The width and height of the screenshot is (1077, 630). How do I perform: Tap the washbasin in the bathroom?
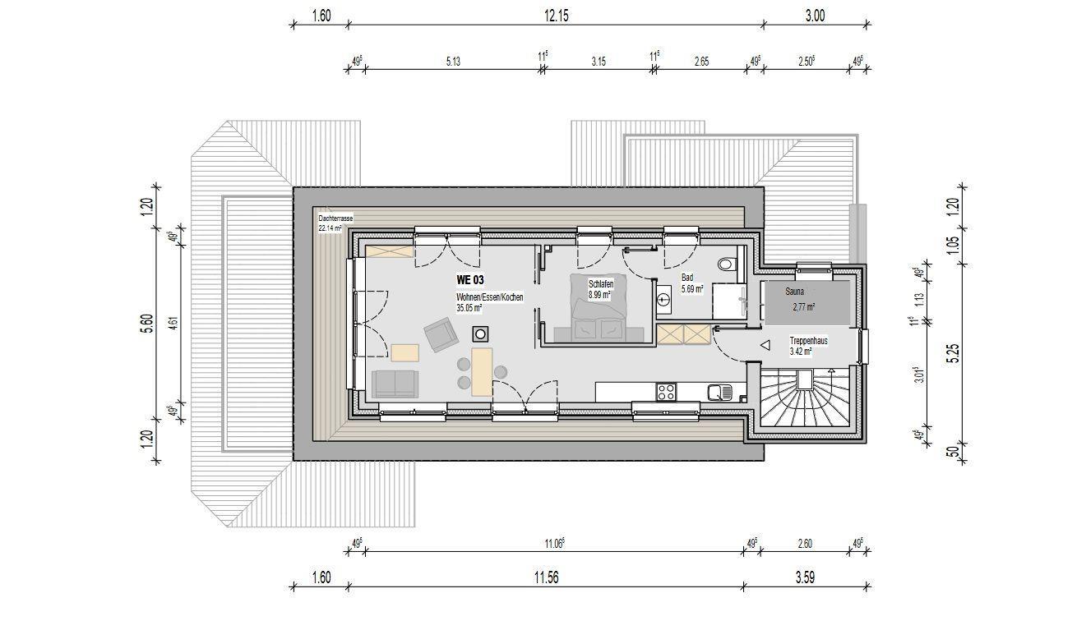click(x=664, y=299)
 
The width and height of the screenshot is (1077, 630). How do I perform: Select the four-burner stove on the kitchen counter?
click(x=667, y=392)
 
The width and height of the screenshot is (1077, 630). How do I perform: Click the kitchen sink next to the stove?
click(x=719, y=393)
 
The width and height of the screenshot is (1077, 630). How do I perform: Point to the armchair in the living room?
click(x=441, y=334)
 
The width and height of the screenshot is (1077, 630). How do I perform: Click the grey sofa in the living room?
click(x=395, y=384)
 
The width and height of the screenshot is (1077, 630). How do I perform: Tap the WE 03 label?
click(x=469, y=280)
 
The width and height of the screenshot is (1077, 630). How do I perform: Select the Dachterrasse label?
click(x=335, y=218)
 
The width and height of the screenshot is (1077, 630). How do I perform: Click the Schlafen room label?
click(x=601, y=285)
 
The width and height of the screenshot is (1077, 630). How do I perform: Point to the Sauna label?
click(x=795, y=292)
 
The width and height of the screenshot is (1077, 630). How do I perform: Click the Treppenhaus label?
click(x=809, y=341)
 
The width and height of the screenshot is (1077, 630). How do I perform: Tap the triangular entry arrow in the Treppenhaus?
click(x=765, y=345)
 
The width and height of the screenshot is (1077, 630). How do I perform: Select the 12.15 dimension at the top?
click(x=557, y=16)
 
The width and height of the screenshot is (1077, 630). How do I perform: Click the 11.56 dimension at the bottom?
click(x=546, y=577)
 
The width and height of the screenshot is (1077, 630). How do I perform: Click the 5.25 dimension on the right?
click(x=955, y=353)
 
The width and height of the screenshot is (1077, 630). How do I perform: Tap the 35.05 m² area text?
click(x=469, y=308)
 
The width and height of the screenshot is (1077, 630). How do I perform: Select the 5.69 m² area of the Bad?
click(x=692, y=289)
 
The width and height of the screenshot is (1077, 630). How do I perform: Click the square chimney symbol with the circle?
click(x=480, y=333)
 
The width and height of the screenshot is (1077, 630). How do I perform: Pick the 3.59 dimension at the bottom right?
click(x=805, y=577)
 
